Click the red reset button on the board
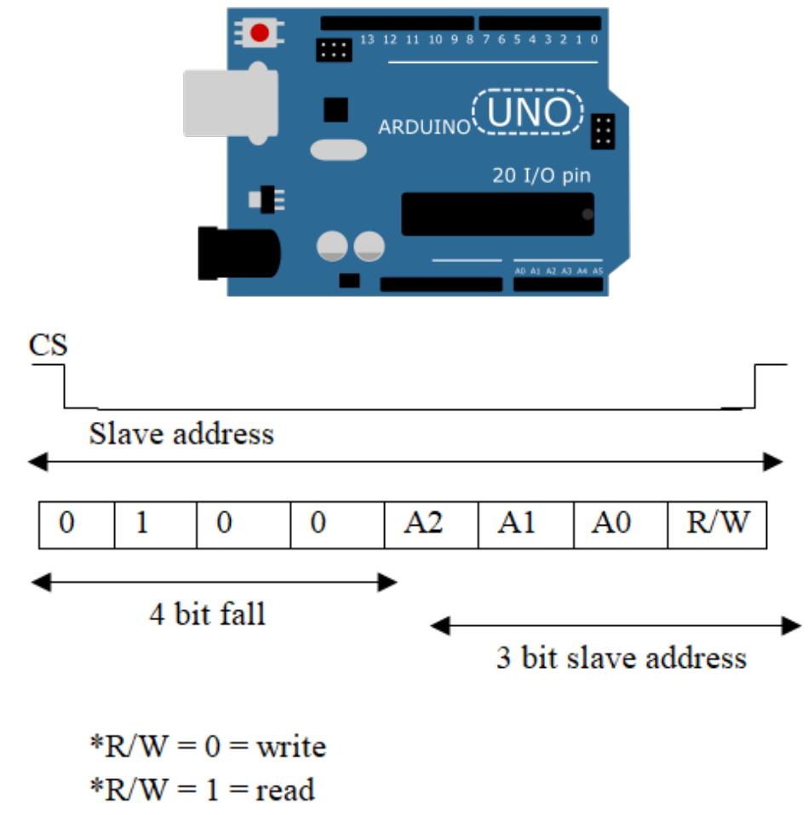260,33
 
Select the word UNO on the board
529,112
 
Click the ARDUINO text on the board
424,128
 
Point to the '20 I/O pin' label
542,176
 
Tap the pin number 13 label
368,39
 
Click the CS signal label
49,345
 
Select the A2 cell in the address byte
431,523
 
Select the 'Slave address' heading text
181,435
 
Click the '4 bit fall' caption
207,613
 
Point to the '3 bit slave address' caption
621,658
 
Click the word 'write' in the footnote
291,747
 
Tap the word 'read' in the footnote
285,789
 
